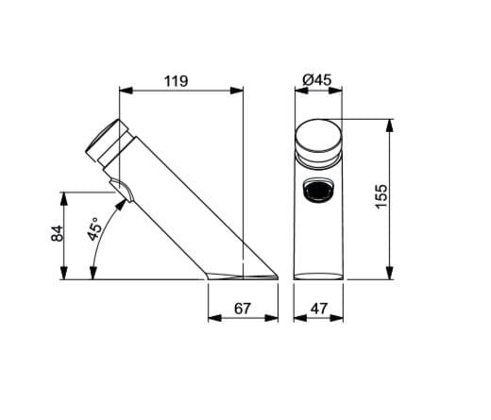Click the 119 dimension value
pyautogui.click(x=176, y=81)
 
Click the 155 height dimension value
pyautogui.click(x=381, y=197)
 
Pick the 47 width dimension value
pyautogui.click(x=318, y=308)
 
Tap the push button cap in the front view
pyautogui.click(x=318, y=140)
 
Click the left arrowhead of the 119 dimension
pyautogui.click(x=124, y=92)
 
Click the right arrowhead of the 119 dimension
pyautogui.click(x=242, y=92)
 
